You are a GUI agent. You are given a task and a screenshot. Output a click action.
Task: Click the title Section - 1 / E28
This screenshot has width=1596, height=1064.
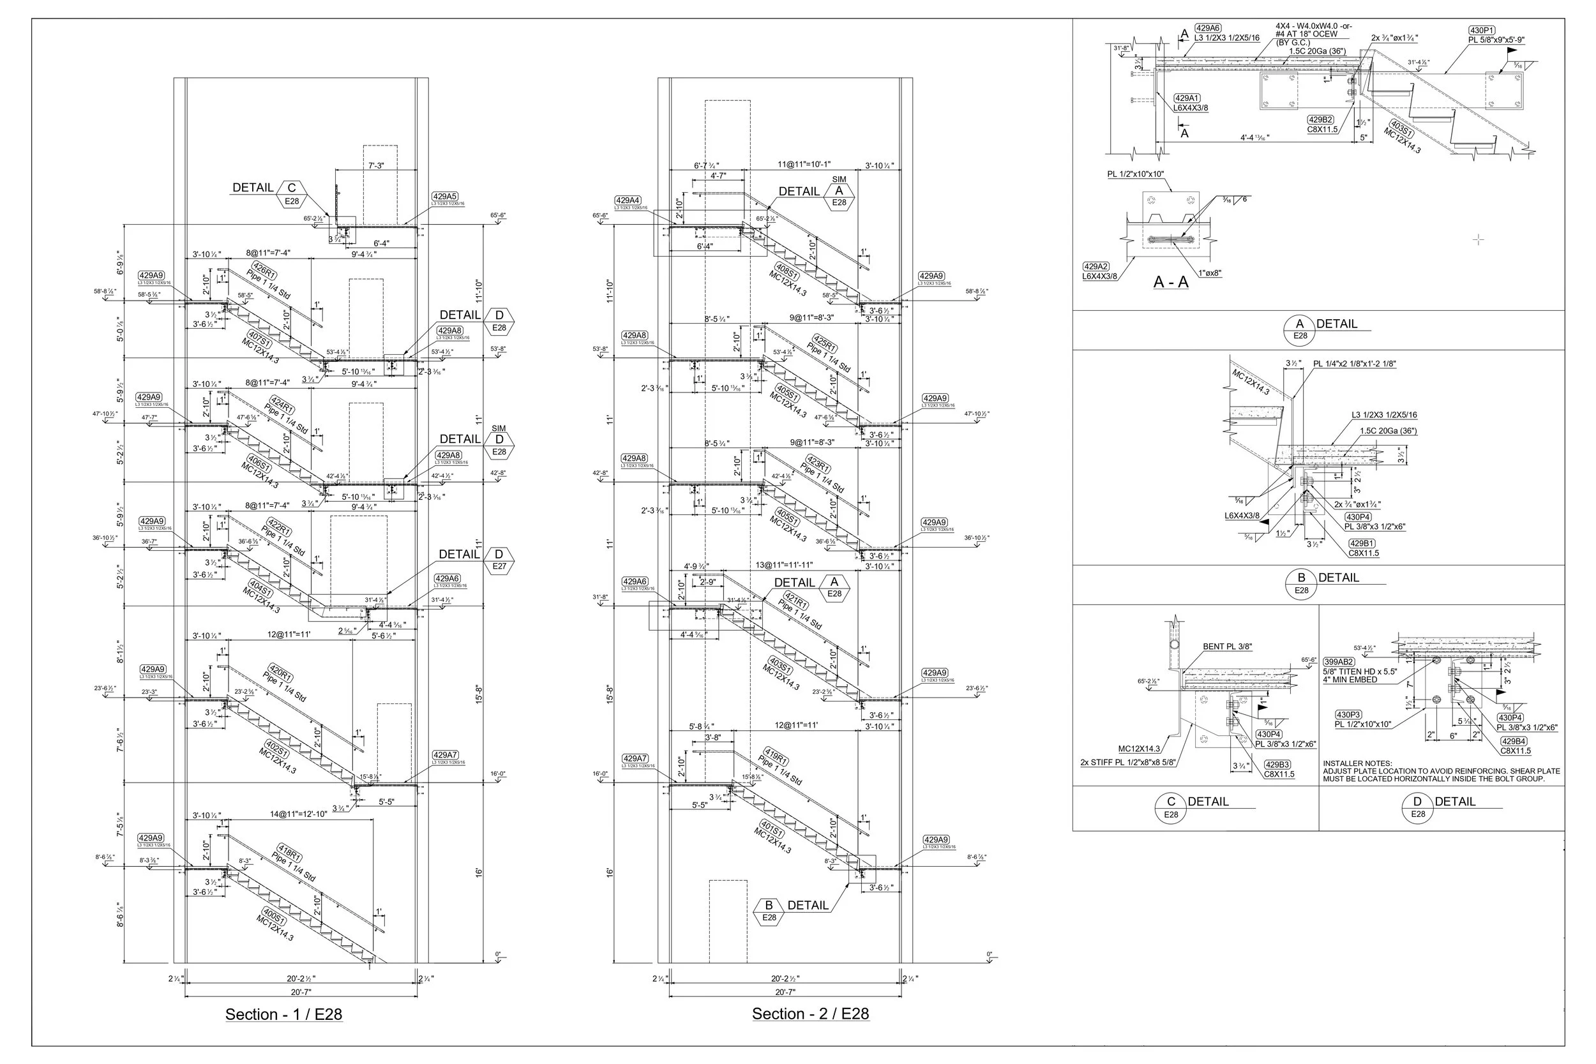tap(283, 1014)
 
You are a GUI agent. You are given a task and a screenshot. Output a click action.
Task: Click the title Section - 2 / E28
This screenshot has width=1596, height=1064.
tap(810, 1014)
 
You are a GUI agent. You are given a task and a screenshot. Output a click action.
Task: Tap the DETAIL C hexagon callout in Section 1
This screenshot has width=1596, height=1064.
tap(291, 193)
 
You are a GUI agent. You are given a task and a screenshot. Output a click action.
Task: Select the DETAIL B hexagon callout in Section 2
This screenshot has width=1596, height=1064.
tap(769, 911)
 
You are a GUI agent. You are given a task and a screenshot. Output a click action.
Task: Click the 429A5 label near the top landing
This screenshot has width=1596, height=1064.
tap(445, 197)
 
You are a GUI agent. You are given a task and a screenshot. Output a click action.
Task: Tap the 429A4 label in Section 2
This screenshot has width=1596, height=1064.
tap(628, 201)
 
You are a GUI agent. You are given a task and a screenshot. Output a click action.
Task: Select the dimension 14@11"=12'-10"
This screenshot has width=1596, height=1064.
tap(299, 814)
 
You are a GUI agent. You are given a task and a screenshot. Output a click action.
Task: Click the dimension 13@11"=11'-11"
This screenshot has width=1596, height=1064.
tap(784, 565)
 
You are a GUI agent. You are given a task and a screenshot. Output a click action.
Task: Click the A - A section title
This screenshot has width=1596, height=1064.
tap(1171, 282)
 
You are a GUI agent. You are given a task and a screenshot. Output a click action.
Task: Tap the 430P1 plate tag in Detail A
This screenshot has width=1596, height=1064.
tap(1481, 31)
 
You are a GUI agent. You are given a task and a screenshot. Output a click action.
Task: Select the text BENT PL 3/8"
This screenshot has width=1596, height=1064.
tap(1227, 647)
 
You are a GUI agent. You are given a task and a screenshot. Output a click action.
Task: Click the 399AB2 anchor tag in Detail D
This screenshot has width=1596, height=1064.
tap(1339, 662)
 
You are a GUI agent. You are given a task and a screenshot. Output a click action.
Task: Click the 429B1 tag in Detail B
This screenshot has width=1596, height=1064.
tap(1362, 544)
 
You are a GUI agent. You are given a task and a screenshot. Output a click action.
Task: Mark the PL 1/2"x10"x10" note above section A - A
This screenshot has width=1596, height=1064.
tap(1135, 174)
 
